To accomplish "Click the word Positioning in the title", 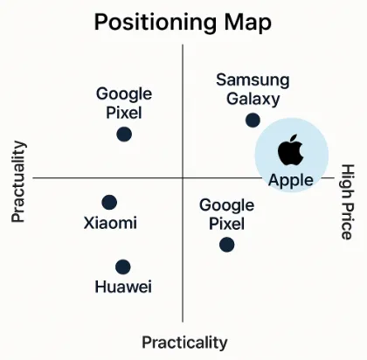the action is pos(156,23).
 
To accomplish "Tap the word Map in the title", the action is pos(248,23).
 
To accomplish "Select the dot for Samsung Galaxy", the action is pos(253,120).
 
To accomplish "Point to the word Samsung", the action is pos(253,80).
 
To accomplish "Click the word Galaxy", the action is pos(253,99).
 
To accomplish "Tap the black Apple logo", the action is pos(291,150).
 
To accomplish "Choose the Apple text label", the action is pos(291,180).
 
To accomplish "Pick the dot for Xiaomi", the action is pos(109,203).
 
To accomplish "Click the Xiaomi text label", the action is pos(110,223).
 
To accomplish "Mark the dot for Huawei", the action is pos(123,267).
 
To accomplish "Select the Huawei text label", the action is pos(123,287).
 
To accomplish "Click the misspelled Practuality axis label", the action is pos(18,182).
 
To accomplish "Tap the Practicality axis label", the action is pos(184,343).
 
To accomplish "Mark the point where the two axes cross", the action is pos(183,177).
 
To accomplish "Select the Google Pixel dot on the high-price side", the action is pos(227,245).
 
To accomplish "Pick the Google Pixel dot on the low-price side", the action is pos(124,135).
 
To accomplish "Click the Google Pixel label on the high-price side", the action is pos(226,214).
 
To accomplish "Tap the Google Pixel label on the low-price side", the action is pos(124,103).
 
